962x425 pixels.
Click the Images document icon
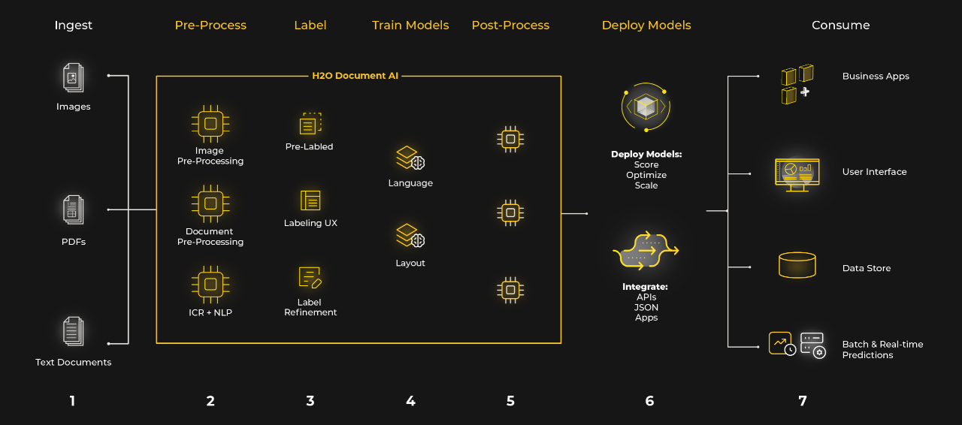click(73, 78)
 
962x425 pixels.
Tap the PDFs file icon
click(73, 210)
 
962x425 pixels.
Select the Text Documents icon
click(73, 331)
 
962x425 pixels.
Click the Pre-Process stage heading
click(210, 26)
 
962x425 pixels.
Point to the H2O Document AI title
click(355, 76)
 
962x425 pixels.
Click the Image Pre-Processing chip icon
click(210, 124)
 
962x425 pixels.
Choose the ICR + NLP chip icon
click(210, 285)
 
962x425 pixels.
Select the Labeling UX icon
click(310, 200)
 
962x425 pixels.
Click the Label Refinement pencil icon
click(310, 278)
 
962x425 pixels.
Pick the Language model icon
click(410, 158)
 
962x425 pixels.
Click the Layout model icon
click(410, 237)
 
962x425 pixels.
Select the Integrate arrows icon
click(646, 252)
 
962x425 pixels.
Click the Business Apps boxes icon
click(797, 83)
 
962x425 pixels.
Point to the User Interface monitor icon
click(797, 173)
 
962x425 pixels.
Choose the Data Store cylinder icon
click(797, 265)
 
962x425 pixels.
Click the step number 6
click(649, 401)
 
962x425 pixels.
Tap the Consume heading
click(840, 26)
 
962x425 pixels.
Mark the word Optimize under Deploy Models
click(646, 175)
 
